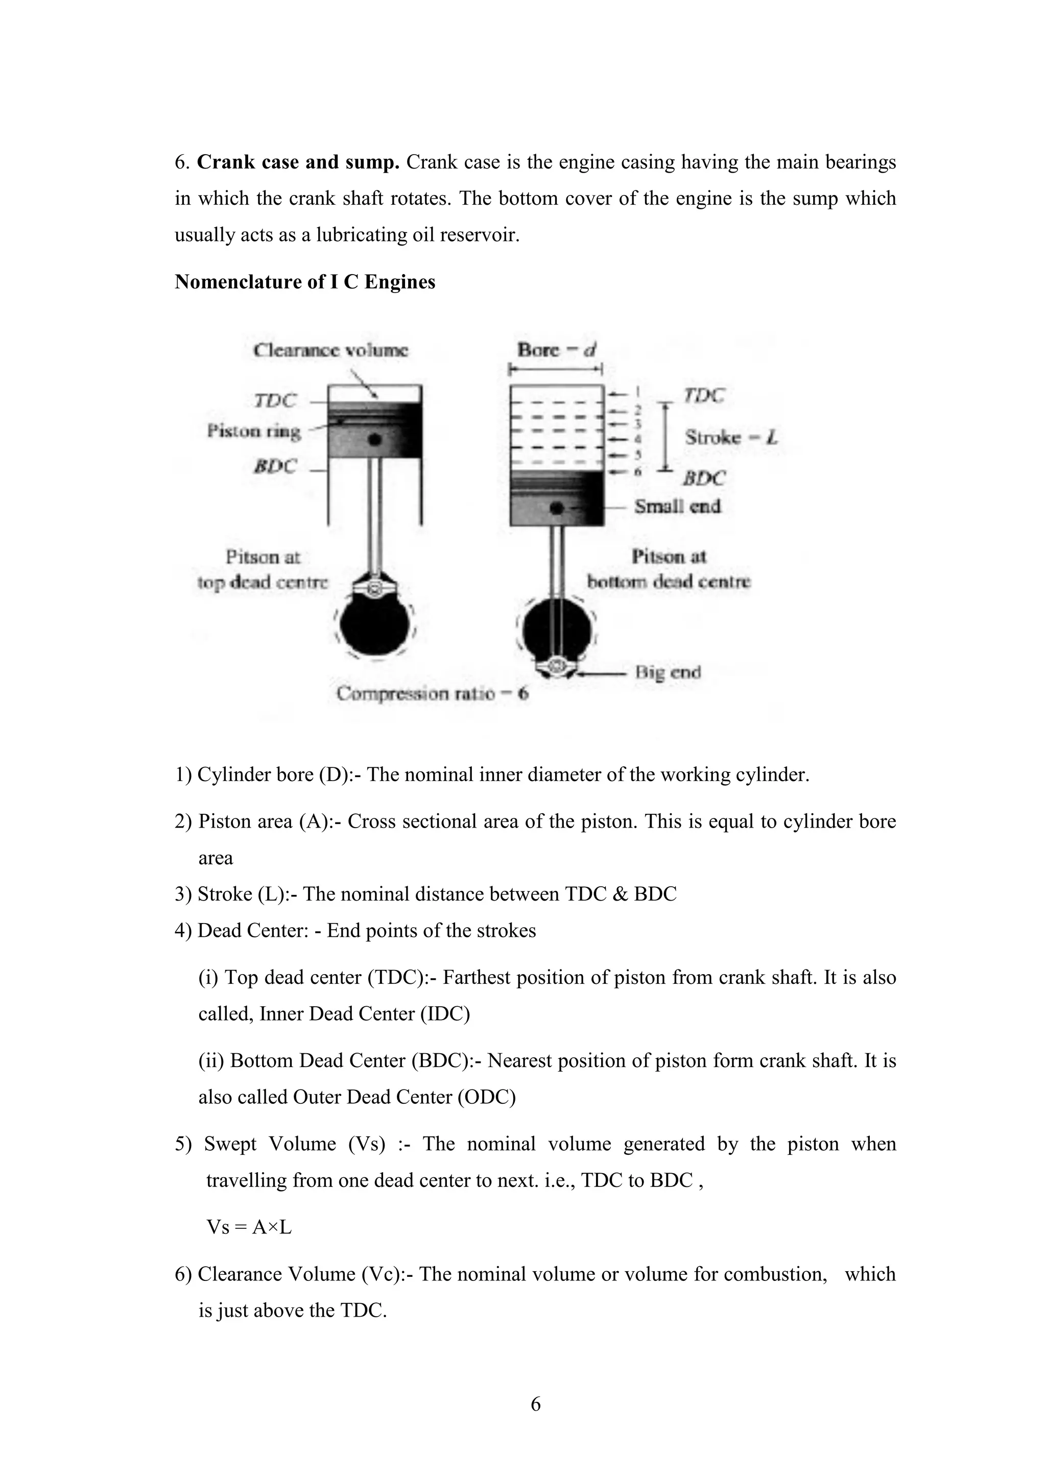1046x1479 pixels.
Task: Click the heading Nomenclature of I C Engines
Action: pos(305,282)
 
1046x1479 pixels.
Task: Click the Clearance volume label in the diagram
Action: pos(330,350)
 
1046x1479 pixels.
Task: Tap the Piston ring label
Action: pos(254,430)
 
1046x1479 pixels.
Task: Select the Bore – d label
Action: pos(556,350)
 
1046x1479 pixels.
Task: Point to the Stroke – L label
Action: pos(731,438)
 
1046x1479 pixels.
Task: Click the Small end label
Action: pos(677,506)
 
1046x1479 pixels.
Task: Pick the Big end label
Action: pos(668,672)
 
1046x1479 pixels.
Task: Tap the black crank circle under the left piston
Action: pos(374,625)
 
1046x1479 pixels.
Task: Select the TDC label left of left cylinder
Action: pos(275,401)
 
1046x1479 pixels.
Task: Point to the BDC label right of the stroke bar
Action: pos(704,478)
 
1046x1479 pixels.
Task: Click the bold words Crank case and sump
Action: pos(298,162)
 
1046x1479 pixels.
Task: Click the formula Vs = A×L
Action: pos(249,1228)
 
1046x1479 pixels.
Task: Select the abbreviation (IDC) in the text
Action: pos(445,1014)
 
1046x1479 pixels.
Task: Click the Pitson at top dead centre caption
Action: pos(263,569)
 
